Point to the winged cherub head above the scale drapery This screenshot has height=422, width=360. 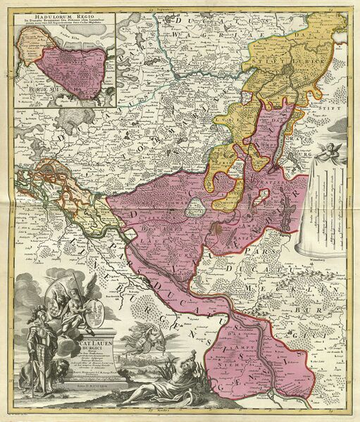coord(331,149)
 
